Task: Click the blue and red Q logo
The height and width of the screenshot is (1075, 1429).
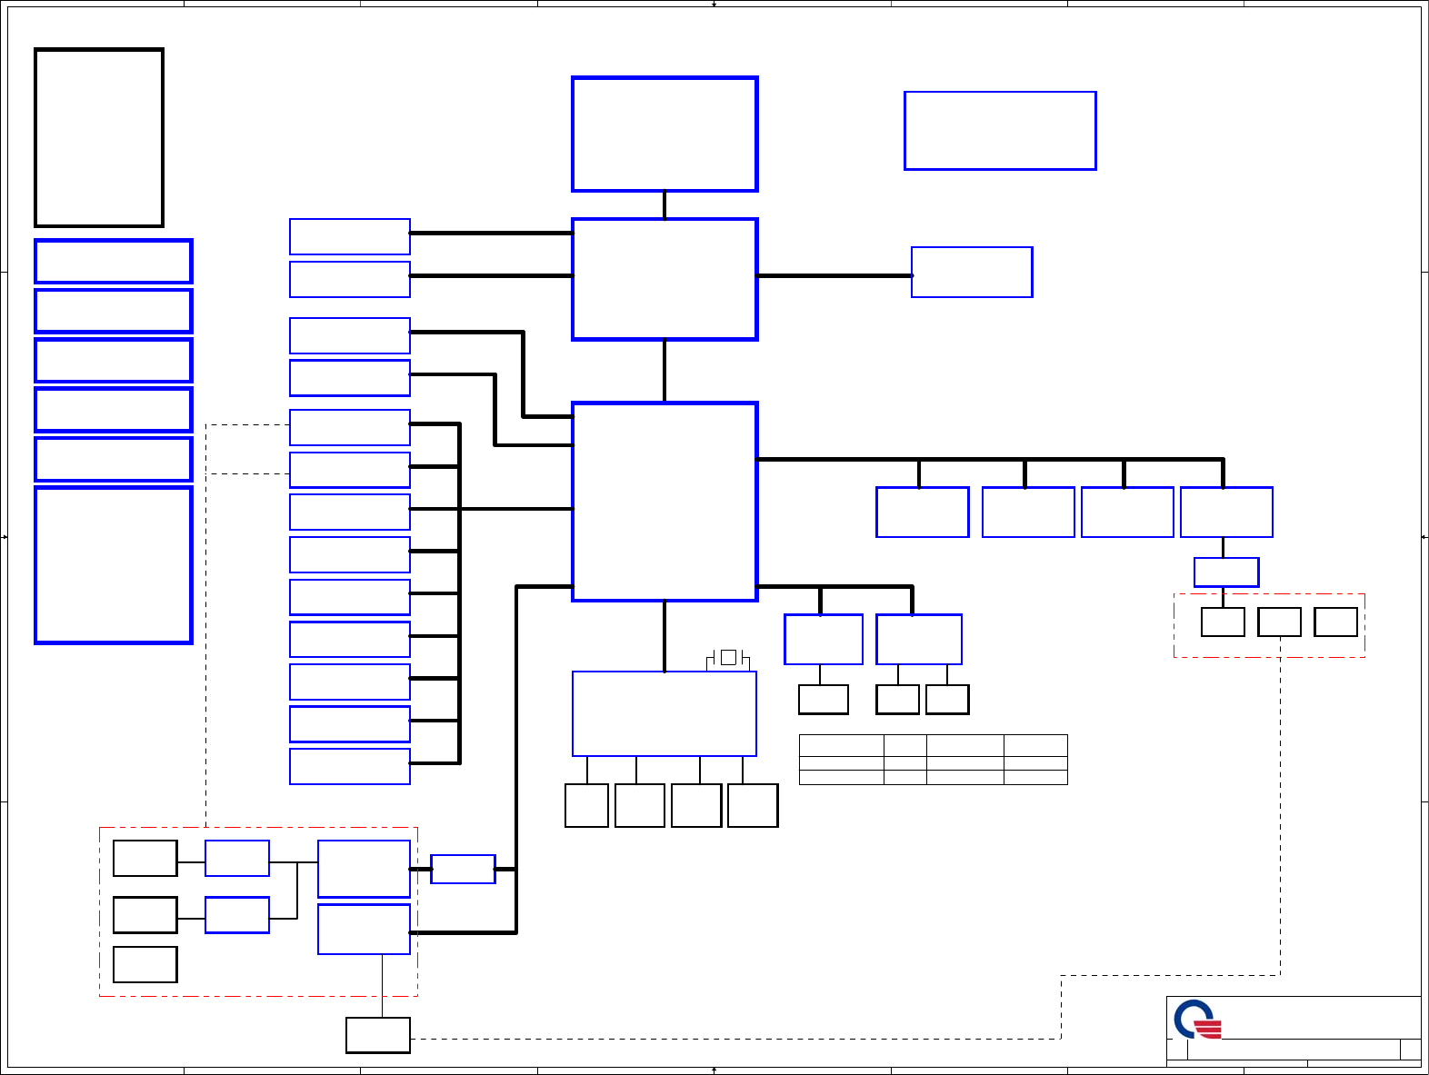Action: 1197,1020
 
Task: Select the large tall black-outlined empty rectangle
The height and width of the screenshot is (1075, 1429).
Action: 99,137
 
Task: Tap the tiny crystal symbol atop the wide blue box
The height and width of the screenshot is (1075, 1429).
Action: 728,657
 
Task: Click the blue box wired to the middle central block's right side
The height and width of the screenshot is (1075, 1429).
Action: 972,272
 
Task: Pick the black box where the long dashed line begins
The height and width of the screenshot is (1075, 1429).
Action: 378,1035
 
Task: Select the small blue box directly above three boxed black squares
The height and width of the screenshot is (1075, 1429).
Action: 1226,572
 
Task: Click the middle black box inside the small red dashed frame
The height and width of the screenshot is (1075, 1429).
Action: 1279,622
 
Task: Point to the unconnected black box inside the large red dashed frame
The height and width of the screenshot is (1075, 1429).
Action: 145,964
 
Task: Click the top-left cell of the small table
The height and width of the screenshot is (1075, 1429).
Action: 841,745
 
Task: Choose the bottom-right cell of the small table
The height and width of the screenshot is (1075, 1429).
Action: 1035,777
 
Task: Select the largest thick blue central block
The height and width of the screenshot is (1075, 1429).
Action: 665,502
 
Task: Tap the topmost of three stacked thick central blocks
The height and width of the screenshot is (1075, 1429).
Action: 665,134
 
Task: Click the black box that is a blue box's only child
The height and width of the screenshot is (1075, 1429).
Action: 824,700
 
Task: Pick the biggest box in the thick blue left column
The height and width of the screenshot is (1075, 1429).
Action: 114,565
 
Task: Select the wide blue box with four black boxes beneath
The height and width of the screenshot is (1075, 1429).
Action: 665,713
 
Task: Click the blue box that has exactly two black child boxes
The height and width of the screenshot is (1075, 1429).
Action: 919,639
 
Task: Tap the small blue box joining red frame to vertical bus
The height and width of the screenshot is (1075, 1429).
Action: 463,869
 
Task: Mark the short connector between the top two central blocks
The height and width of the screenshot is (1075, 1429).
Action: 665,205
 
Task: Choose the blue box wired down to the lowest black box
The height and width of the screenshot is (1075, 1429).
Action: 364,929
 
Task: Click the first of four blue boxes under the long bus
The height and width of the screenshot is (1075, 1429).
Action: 922,513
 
